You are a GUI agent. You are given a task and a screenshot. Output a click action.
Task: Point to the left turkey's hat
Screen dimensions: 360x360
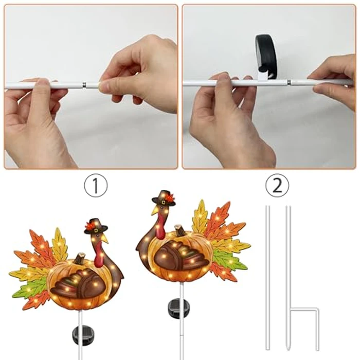(x=96, y=226)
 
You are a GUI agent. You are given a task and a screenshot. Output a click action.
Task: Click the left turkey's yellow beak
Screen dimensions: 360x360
(x=105, y=238)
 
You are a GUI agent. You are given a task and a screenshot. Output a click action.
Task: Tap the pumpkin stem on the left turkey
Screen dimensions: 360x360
(x=80, y=258)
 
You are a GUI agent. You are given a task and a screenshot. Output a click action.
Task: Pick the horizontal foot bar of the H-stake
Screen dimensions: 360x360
(x=303, y=309)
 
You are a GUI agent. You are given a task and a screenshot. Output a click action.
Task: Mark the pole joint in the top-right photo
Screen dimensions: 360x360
(x=289, y=82)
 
